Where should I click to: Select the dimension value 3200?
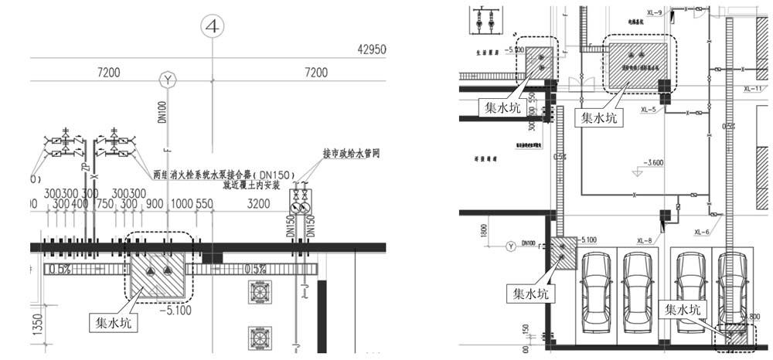pos(258,204)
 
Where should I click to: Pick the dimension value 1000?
pos(181,204)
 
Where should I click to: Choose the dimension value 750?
pos(104,204)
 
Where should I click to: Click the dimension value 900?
pos(154,204)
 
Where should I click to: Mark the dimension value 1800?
pos(482,229)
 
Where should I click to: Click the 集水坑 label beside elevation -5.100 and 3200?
pos(105,318)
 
